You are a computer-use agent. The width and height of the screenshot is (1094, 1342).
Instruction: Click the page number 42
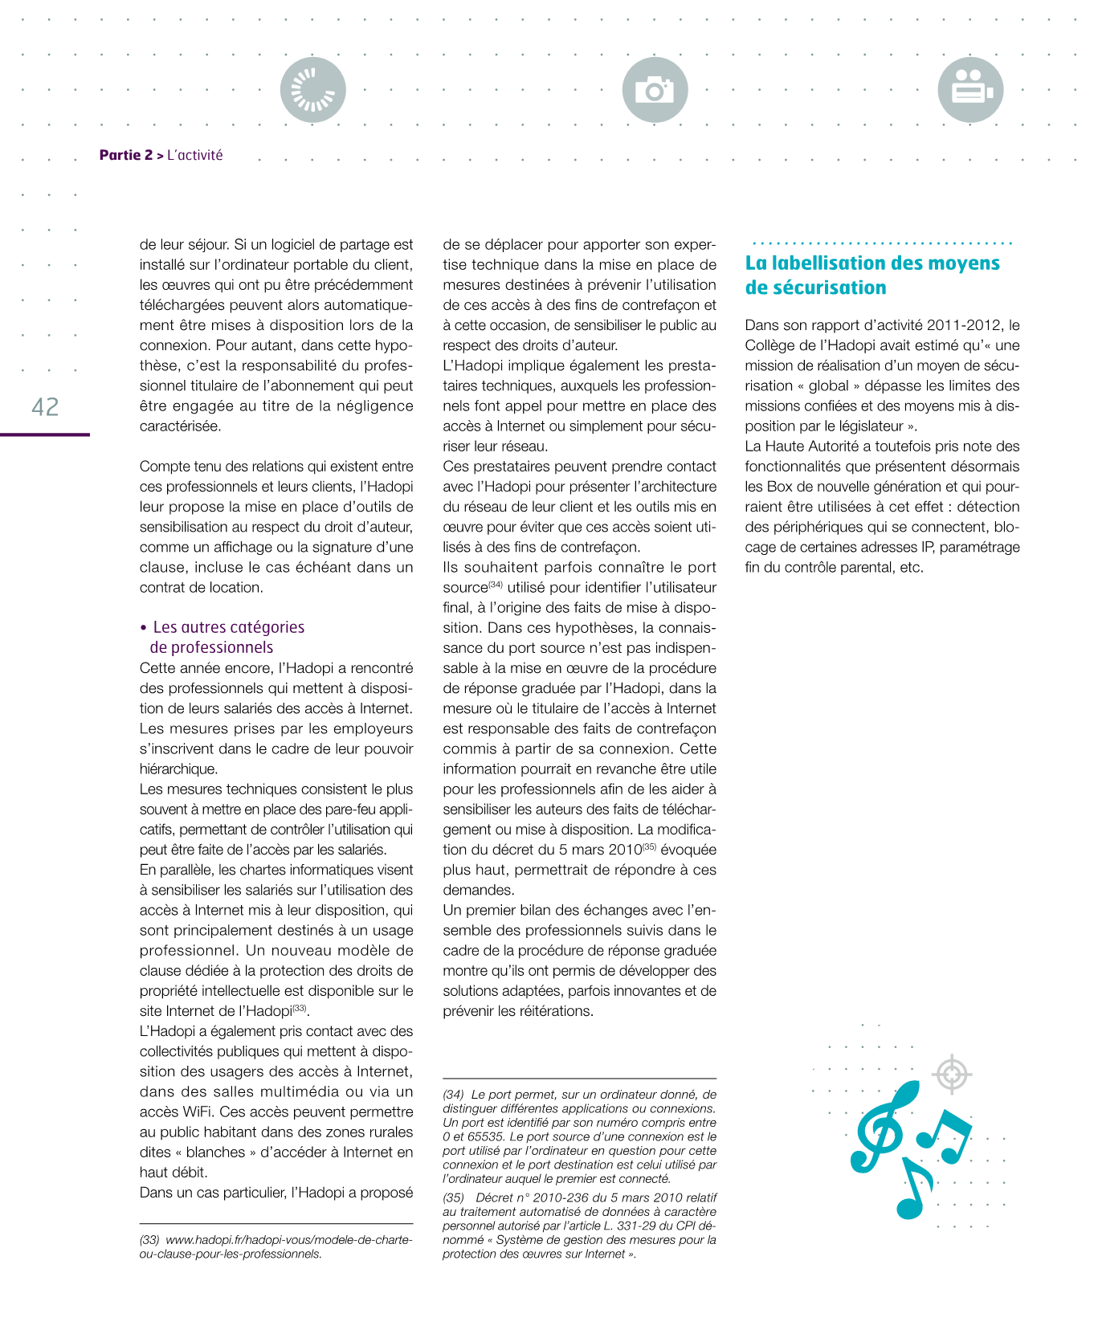[45, 406]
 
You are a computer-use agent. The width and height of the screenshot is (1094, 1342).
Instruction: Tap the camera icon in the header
[655, 90]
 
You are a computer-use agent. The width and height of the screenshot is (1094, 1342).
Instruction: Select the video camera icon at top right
[970, 90]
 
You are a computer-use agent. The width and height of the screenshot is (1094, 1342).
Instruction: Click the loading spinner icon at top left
[312, 90]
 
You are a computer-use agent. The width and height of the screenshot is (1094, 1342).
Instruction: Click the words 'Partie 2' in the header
[125, 155]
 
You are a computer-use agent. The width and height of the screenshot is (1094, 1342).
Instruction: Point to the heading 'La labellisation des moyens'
[872, 263]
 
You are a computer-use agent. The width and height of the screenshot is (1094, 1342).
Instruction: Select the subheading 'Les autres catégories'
[228, 627]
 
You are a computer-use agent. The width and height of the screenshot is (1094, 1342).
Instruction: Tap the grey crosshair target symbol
[952, 1074]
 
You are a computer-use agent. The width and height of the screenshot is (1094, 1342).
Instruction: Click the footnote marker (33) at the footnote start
[149, 1240]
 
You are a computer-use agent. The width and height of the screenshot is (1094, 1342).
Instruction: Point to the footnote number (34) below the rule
[453, 1095]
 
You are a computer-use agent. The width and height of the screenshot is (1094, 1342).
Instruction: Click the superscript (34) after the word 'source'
[496, 585]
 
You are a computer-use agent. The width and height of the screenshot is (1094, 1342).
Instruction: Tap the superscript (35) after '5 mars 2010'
[650, 846]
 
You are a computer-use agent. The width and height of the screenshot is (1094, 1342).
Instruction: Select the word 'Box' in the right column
[779, 487]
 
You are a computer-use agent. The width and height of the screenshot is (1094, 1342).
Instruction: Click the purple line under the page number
[45, 434]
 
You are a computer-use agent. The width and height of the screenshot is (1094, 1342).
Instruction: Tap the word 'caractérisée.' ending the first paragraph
[180, 426]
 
